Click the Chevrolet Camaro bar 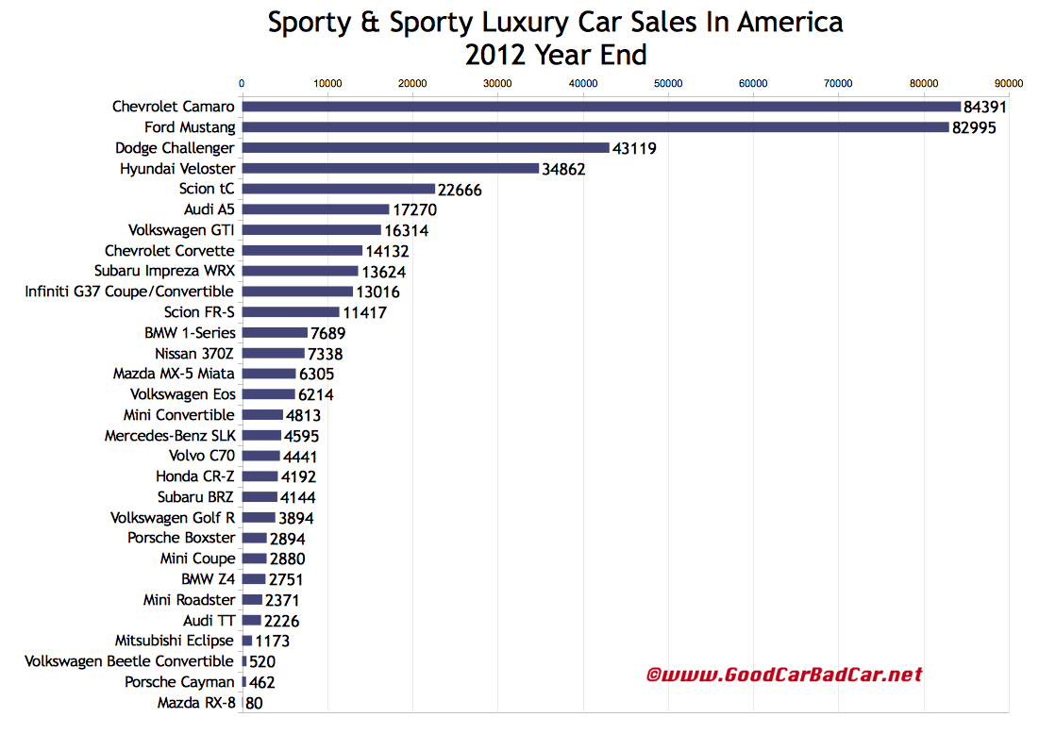pyautogui.click(x=601, y=107)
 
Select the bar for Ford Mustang pyautogui.click(x=595, y=127)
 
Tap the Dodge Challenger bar pyautogui.click(x=426, y=148)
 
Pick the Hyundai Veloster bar pyautogui.click(x=390, y=169)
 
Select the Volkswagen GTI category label pyautogui.click(x=181, y=229)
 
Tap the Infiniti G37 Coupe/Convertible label pyautogui.click(x=129, y=292)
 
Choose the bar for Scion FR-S pyautogui.click(x=291, y=312)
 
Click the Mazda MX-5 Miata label pyautogui.click(x=174, y=374)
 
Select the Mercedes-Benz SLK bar pyautogui.click(x=261, y=435)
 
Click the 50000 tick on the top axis pyautogui.click(x=668, y=83)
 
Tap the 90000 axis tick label pyautogui.click(x=1008, y=83)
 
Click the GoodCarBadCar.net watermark pyautogui.click(x=783, y=675)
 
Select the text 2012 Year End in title pyautogui.click(x=556, y=55)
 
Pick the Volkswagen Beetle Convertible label pyautogui.click(x=129, y=660)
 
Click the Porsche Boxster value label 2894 pyautogui.click(x=287, y=539)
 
